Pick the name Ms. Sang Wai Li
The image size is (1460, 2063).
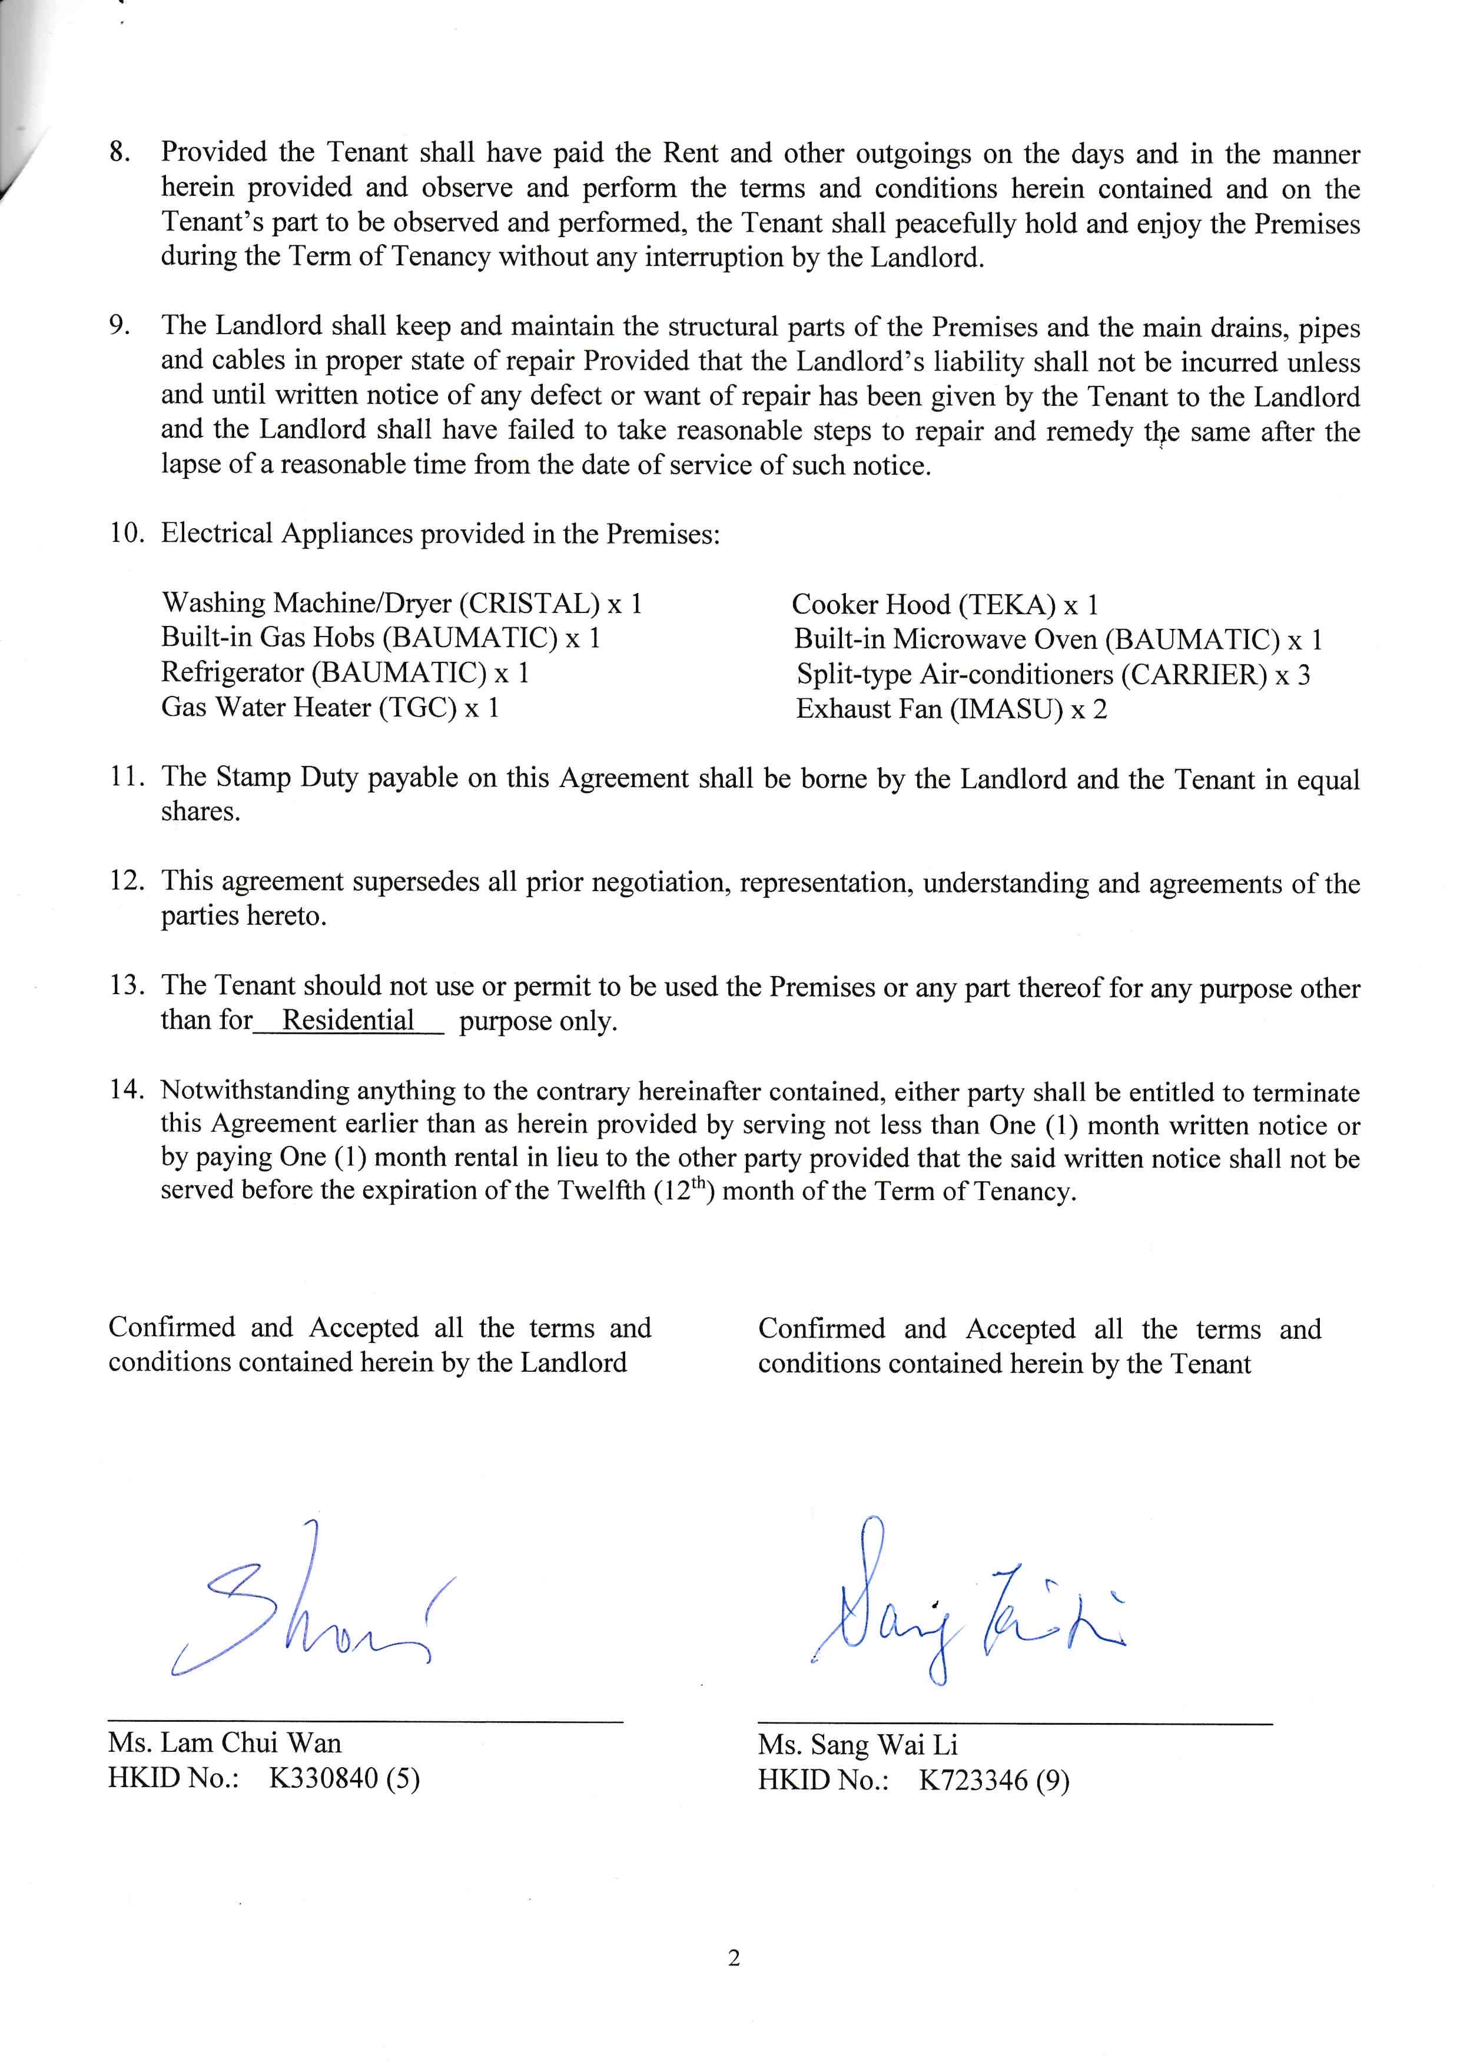(858, 1745)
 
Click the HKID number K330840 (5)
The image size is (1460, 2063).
(344, 1779)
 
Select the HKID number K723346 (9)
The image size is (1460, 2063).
(993, 1781)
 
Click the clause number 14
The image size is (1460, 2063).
(127, 1090)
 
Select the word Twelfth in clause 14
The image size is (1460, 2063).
(600, 1191)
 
